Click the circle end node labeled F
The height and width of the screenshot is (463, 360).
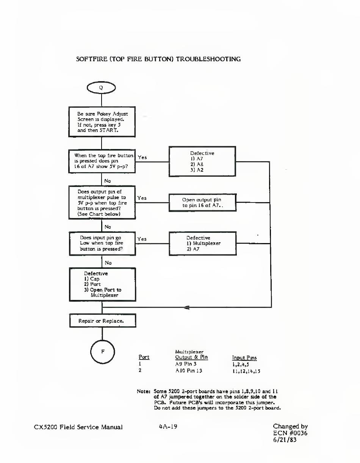pyautogui.click(x=103, y=352)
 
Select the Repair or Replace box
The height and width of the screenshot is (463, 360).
pyautogui.click(x=103, y=321)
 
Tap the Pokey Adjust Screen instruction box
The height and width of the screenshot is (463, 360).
pyautogui.click(x=102, y=122)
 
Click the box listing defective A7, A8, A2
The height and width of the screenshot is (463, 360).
pyautogui.click(x=202, y=161)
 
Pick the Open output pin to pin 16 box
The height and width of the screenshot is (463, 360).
pyautogui.click(x=202, y=202)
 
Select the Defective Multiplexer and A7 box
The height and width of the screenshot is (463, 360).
pyautogui.click(x=203, y=243)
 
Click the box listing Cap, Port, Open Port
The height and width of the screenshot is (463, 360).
pyautogui.click(x=103, y=284)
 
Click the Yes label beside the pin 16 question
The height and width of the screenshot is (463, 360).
pyautogui.click(x=142, y=157)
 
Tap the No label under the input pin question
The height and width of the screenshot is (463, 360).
pyautogui.click(x=108, y=263)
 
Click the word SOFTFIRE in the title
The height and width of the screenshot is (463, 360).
pyautogui.click(x=92, y=59)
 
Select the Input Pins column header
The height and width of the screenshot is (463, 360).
pyautogui.click(x=244, y=358)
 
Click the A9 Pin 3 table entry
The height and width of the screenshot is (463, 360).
pyautogui.click(x=186, y=364)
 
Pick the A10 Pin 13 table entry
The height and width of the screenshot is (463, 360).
pyautogui.click(x=189, y=371)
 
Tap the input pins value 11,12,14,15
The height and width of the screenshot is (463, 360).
pyautogui.click(x=246, y=371)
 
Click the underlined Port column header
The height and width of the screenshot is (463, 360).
pyautogui.click(x=144, y=357)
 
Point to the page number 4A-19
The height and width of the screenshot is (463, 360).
pyautogui.click(x=168, y=427)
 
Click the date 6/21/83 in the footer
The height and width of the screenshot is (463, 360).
pyautogui.click(x=285, y=440)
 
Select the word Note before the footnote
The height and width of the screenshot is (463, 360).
pyautogui.click(x=144, y=391)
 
